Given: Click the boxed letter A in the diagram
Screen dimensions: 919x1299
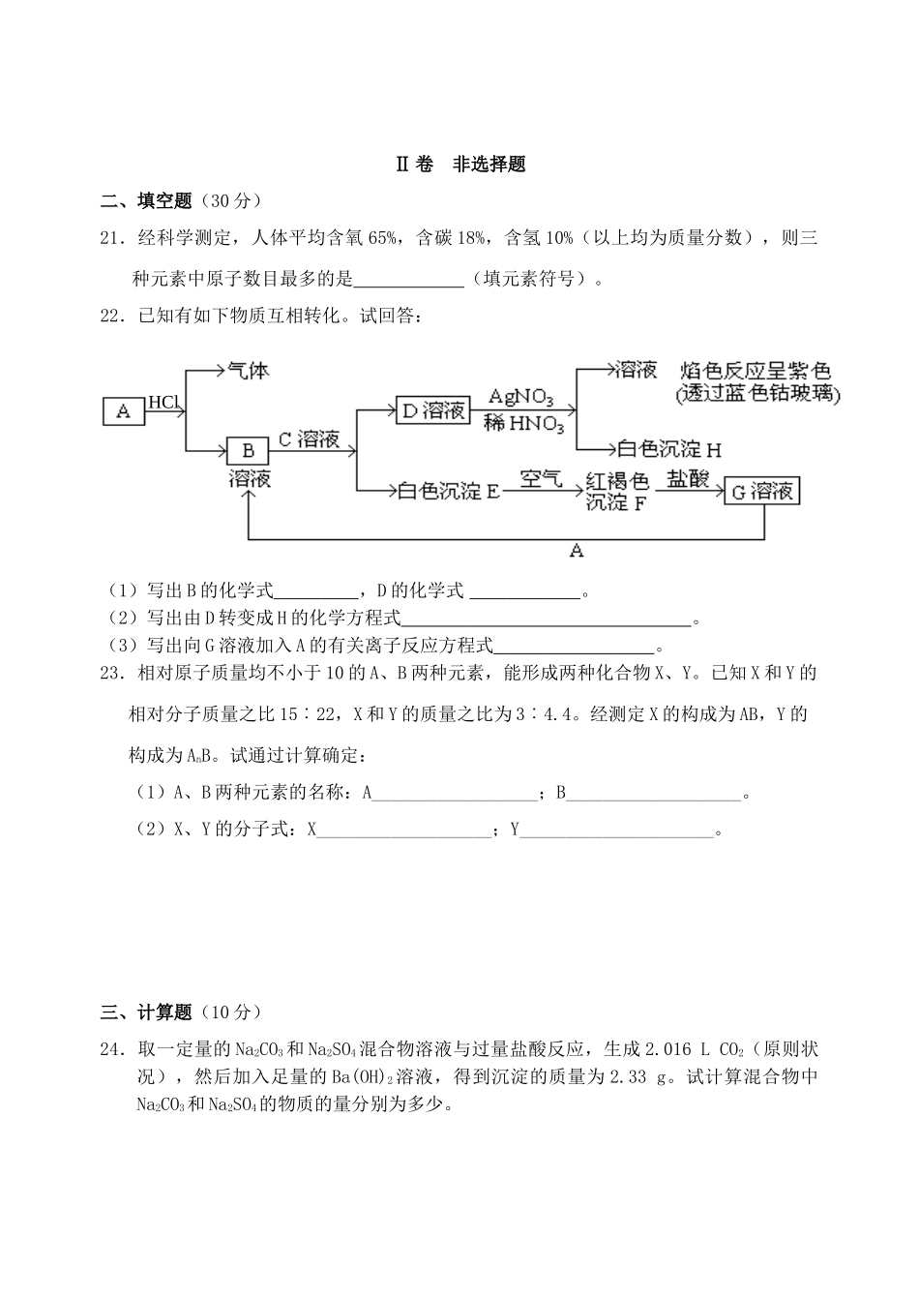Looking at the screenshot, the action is coord(123,411).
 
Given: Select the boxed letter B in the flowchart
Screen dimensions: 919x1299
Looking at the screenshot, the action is coord(248,450).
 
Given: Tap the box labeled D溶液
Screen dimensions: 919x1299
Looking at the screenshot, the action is coord(433,410).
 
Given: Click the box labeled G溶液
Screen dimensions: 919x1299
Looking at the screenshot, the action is coord(762,491).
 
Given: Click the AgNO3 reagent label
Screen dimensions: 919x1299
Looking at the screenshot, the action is coord(521,397).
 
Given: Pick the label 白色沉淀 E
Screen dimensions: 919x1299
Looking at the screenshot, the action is coord(448,491).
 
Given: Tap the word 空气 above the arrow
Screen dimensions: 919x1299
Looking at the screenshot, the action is coord(540,478).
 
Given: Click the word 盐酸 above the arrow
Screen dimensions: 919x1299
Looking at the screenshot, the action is coord(688,478).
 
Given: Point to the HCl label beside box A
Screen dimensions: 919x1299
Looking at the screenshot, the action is coord(163,402).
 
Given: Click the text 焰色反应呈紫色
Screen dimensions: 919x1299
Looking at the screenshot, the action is coord(756,372).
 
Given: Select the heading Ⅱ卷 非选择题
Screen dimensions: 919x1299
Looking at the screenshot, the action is coord(460,165).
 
